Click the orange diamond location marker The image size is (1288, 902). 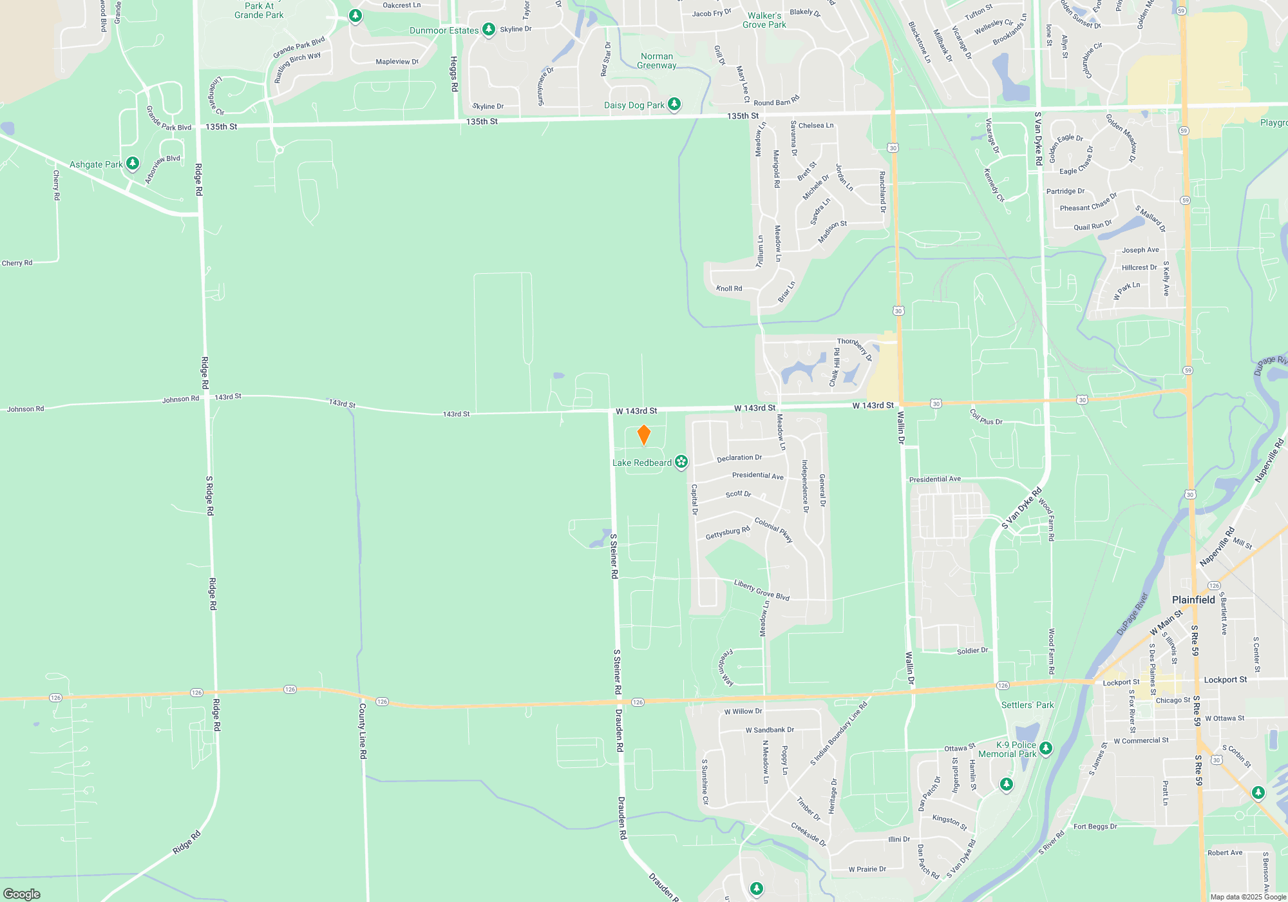643,435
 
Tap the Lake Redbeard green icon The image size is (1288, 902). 681,462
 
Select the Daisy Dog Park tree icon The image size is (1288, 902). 674,104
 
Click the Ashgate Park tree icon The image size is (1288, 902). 133,164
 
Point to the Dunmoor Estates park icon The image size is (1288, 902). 489,29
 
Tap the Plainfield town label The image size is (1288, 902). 1193,600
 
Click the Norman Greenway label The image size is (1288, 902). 657,61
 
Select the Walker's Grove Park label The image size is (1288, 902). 764,20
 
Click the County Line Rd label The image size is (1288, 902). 363,730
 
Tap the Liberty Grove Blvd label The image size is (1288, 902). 762,590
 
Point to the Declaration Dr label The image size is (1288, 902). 739,458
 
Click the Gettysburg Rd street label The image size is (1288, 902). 728,533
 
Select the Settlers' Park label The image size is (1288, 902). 1027,705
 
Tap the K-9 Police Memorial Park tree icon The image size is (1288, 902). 1046,749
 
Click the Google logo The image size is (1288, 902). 22,894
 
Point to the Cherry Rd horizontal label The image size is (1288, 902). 17,263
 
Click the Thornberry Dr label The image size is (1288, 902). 855,348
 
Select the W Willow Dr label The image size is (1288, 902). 743,711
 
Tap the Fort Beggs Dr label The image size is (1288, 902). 1095,827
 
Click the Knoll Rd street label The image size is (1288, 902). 729,288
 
